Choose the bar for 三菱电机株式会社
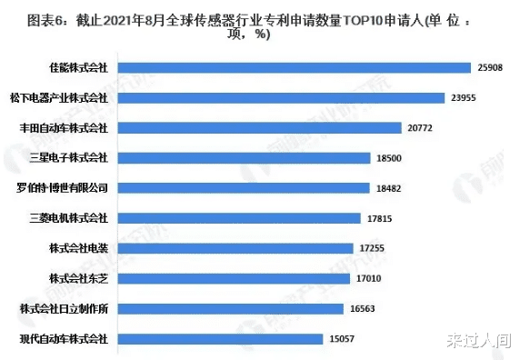[239, 218]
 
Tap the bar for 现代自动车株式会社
[220, 338]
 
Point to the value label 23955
[463, 97]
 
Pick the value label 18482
[391, 187]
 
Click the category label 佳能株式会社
[78, 67]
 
